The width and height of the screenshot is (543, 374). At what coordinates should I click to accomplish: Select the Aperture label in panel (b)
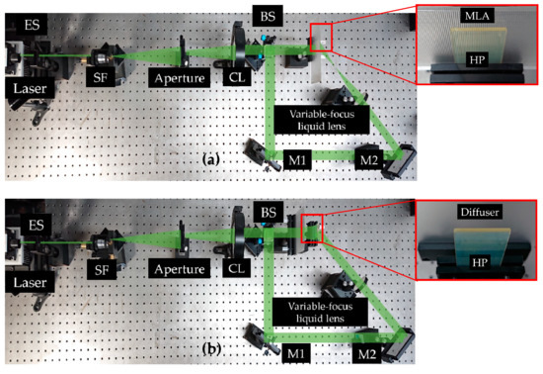pyautogui.click(x=179, y=268)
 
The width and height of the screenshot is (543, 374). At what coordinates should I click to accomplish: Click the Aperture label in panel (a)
pyautogui.click(x=179, y=75)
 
